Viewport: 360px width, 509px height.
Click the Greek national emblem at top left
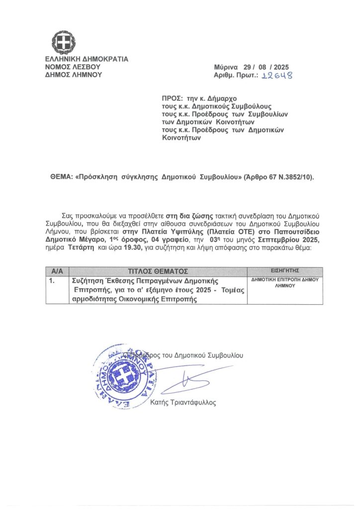coord(64,42)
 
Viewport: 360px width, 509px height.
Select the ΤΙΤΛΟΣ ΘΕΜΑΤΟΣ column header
coord(157,271)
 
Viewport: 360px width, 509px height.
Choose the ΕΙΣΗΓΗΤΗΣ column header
coord(284,271)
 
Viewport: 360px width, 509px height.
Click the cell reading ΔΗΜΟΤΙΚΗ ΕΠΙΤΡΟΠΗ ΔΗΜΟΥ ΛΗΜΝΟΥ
coord(284,283)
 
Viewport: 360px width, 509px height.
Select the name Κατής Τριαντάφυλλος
coord(183,403)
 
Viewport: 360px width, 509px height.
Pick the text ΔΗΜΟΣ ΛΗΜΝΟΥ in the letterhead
coord(73,75)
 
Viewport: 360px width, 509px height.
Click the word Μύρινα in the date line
coord(227,67)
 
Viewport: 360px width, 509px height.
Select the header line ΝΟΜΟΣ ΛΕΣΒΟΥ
coord(73,67)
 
